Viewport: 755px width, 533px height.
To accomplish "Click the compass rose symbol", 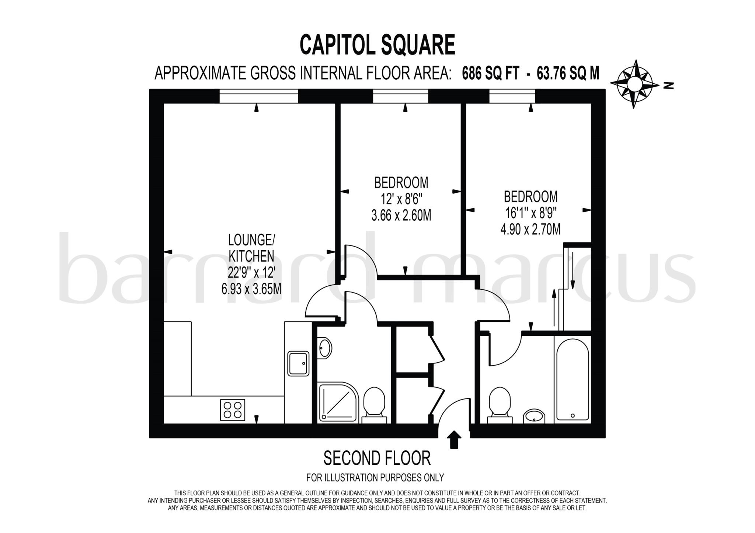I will coord(634,84).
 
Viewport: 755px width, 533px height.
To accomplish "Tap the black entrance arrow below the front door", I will coord(454,440).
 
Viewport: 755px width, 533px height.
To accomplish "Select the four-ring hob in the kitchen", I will coord(232,410).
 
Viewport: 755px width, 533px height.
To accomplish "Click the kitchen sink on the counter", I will coord(298,363).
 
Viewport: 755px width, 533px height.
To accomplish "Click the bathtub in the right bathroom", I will coord(573,380).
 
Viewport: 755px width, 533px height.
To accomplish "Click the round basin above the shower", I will coord(325,347).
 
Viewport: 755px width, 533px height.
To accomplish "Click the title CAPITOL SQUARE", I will coord(377,45).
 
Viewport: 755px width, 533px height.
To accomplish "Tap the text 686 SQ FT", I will coord(490,73).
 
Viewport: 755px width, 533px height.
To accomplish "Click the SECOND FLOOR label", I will coord(377,458).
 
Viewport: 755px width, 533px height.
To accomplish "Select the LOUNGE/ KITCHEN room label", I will coord(251,248).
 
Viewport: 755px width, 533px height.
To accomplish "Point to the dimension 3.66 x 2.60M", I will coord(401,215).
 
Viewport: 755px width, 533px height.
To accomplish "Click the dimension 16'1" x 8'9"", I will coord(530,213).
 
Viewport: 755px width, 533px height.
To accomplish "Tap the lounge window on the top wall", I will coord(258,97).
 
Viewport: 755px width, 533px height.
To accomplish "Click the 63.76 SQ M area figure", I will coord(568,73).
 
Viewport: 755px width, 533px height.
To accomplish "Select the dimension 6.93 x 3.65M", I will coord(251,289).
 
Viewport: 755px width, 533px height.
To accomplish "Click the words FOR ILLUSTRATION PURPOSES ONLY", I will coord(375,478).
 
